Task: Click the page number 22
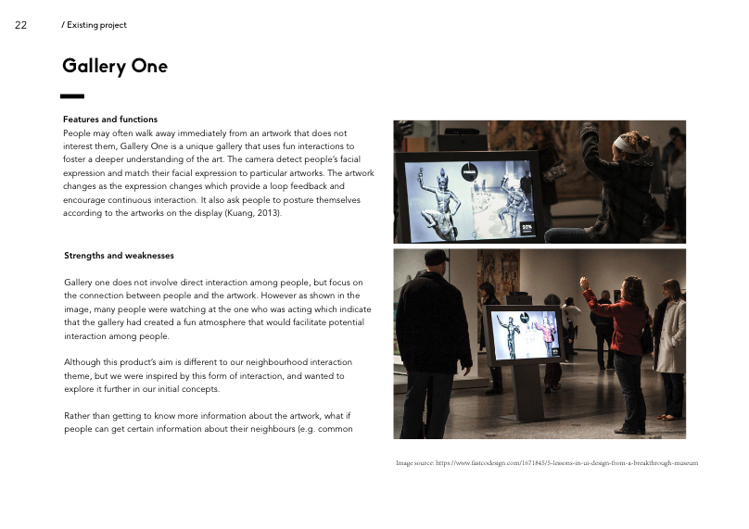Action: (x=20, y=25)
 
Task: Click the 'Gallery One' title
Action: (x=115, y=66)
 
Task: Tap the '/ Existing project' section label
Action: (x=94, y=25)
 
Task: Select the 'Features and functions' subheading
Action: (x=109, y=120)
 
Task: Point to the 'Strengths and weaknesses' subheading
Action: (x=119, y=256)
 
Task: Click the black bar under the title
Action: (x=72, y=95)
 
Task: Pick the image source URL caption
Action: (x=546, y=462)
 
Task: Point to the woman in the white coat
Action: (x=670, y=347)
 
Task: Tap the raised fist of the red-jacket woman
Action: (x=584, y=281)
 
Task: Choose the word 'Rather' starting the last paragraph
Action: (x=78, y=416)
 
